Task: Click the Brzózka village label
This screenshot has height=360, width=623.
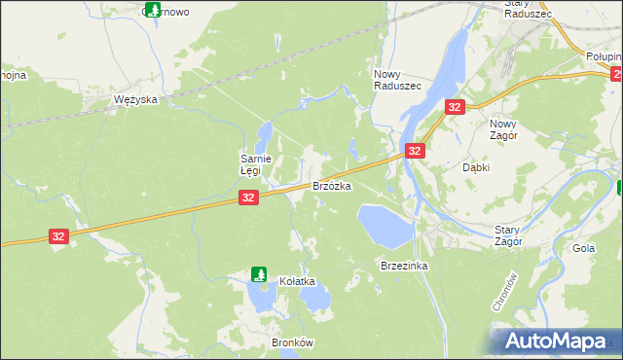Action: tap(331, 185)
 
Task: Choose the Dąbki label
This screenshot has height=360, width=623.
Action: tap(475, 167)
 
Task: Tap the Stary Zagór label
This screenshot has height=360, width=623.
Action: tap(508, 234)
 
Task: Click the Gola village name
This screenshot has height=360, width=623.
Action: tap(584, 248)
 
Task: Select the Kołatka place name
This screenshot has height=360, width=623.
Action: tap(298, 281)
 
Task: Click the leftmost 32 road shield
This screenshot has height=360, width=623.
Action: tap(59, 236)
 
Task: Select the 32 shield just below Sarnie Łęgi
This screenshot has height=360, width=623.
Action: tap(248, 198)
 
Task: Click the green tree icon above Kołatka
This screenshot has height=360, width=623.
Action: tap(259, 274)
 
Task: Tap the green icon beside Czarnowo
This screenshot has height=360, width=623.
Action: tap(152, 10)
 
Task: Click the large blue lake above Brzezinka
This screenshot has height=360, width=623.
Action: tap(385, 225)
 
